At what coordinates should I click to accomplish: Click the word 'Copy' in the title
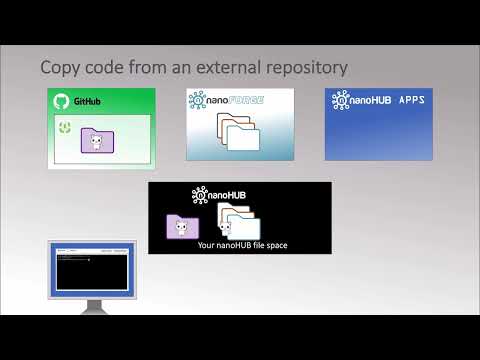(x=60, y=68)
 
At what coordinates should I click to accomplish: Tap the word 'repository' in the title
(x=305, y=68)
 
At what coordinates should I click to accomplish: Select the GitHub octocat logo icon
(x=60, y=101)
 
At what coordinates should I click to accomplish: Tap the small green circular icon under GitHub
(x=65, y=126)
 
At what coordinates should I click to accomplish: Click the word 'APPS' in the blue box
(x=410, y=101)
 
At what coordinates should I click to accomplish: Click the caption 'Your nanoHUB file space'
(x=243, y=245)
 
